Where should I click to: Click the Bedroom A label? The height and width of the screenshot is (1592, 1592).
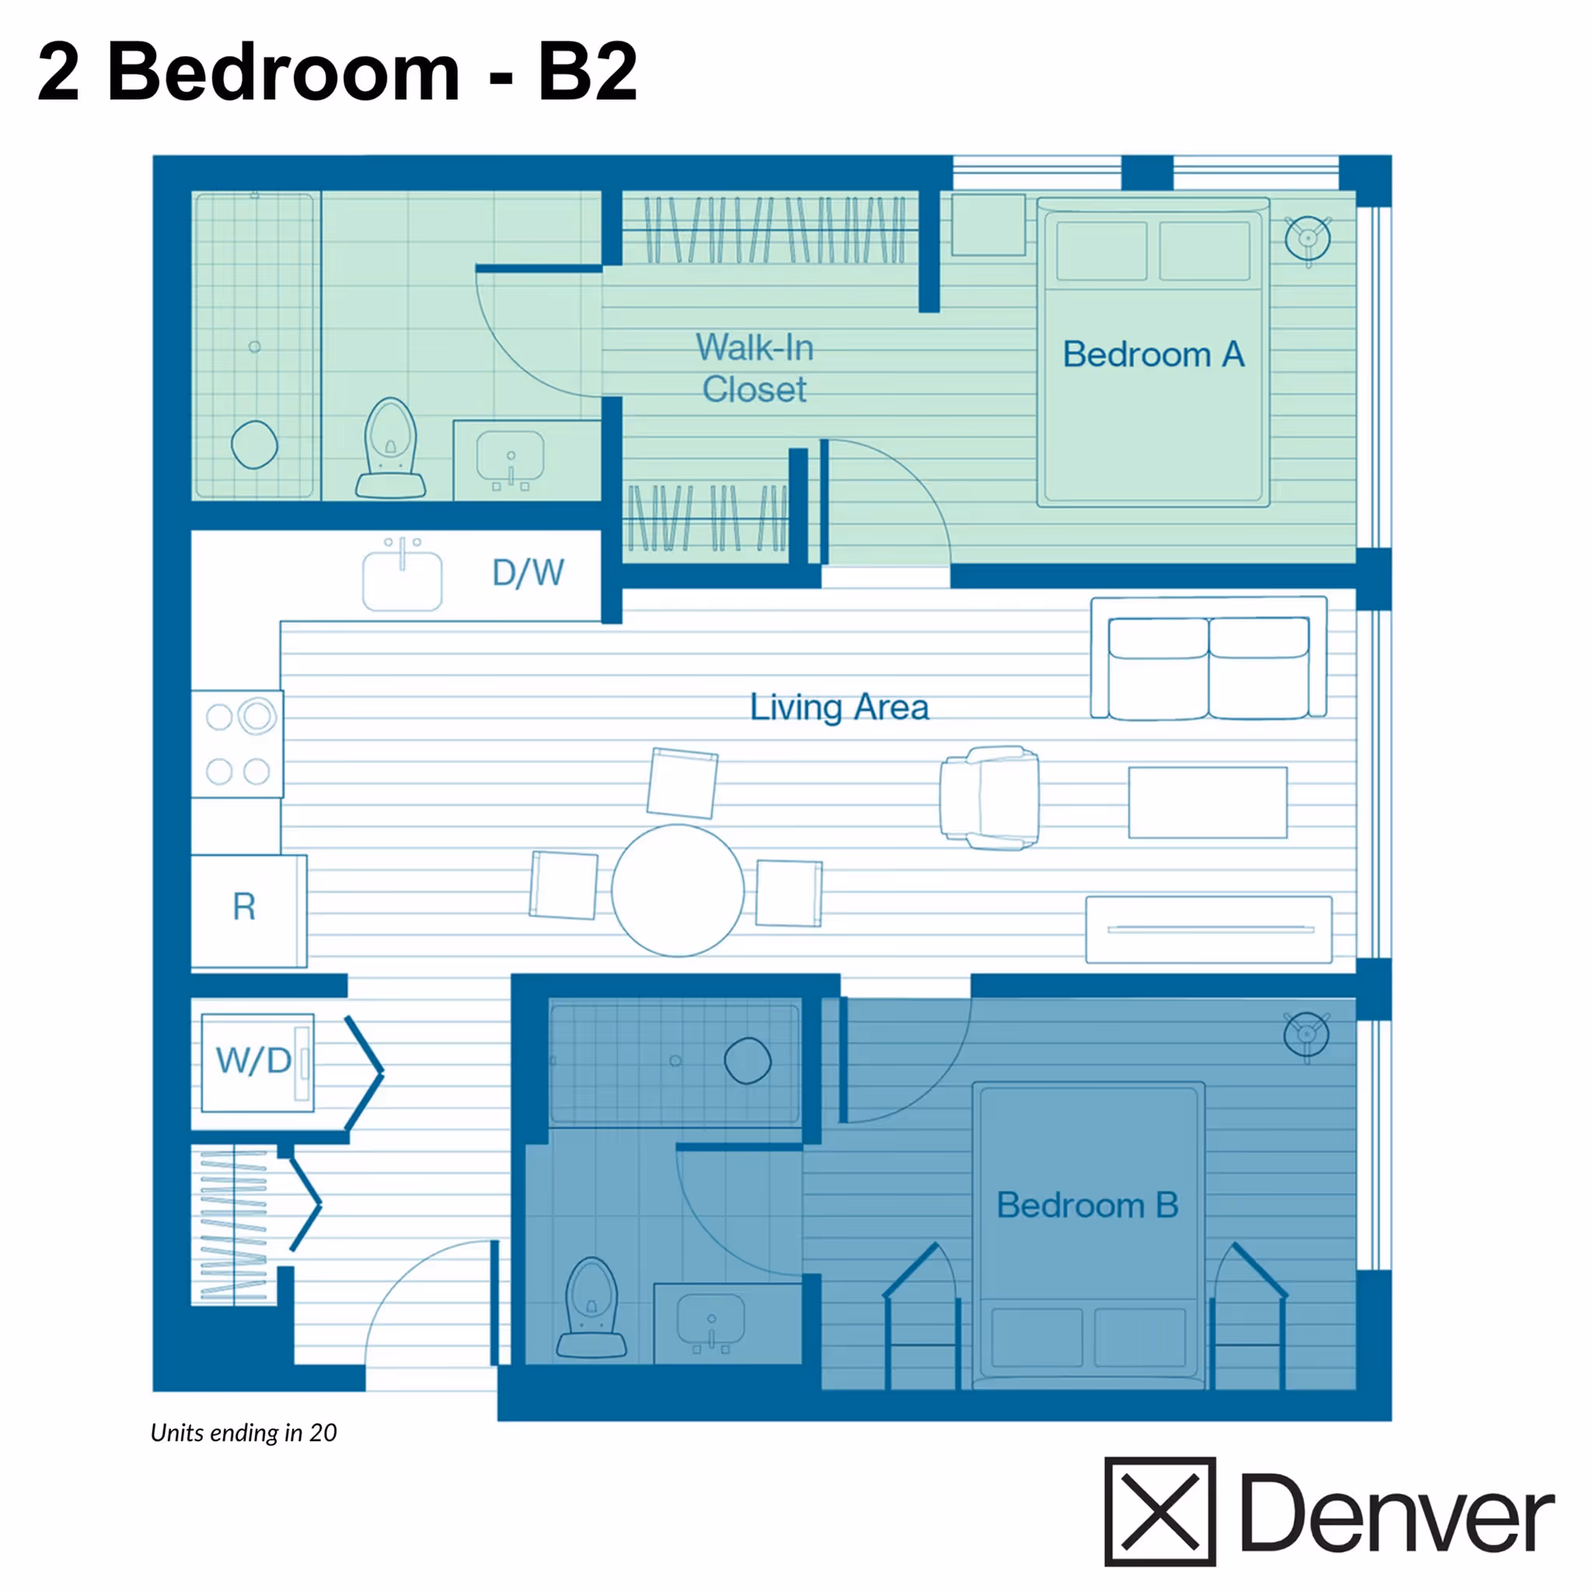[x=1153, y=355]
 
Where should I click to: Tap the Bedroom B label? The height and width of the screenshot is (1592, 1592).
[x=1087, y=1206]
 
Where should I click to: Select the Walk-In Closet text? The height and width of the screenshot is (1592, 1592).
[x=754, y=368]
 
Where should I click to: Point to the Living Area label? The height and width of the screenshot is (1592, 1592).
[x=839, y=707]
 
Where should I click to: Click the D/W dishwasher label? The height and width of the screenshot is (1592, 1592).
[x=527, y=573]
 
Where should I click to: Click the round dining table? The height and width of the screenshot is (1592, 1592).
[x=677, y=891]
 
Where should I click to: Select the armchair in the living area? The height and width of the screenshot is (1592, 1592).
[x=990, y=798]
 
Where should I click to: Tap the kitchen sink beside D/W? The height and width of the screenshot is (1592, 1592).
[x=402, y=579]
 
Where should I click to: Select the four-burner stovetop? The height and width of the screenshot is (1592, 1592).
[x=237, y=744]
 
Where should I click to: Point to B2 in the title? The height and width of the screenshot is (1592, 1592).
[x=588, y=72]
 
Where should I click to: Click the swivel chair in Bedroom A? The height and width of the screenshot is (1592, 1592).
[x=1307, y=239]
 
